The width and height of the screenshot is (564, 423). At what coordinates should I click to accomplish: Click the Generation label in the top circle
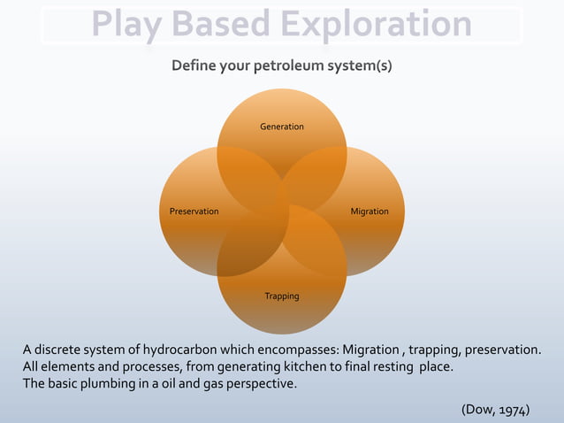point(281,127)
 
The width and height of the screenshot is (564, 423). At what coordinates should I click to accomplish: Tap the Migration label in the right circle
point(369,211)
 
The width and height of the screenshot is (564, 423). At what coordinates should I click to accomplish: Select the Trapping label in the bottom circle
point(281,296)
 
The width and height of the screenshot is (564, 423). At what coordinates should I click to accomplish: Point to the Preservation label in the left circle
point(194,211)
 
